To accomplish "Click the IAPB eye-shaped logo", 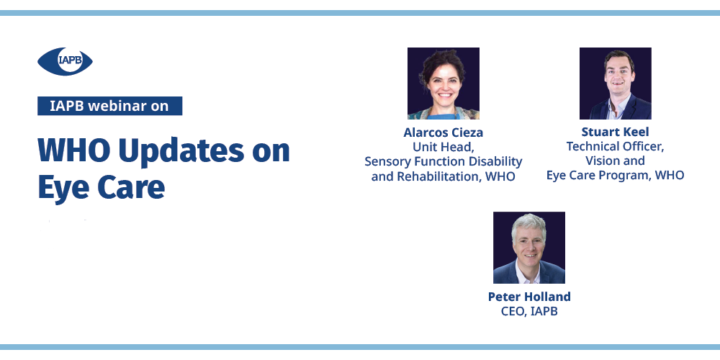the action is [x=65, y=61].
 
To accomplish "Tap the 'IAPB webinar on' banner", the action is [x=109, y=106].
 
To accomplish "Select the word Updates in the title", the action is [x=181, y=151].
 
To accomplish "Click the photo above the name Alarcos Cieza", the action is [x=444, y=84].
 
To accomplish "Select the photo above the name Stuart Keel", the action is [x=616, y=84].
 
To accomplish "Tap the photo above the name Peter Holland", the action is [x=529, y=248].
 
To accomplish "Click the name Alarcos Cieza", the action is [x=443, y=132].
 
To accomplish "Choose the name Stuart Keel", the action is [x=616, y=132].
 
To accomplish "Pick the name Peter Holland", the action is [x=529, y=297].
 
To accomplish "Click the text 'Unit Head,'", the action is [x=443, y=148].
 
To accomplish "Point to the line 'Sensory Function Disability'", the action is [x=443, y=162].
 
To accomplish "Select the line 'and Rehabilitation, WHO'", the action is [x=443, y=177].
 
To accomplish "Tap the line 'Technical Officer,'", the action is [x=616, y=146].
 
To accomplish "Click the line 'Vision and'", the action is [x=616, y=161].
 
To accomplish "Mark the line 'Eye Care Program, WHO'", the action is [x=616, y=176].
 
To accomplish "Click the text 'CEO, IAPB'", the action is [x=529, y=311].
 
